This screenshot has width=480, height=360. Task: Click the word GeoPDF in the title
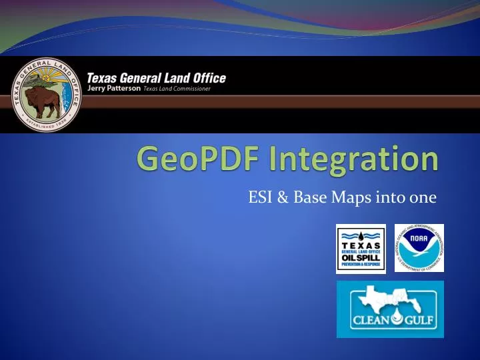188,161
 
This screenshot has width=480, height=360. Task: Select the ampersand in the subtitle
283,197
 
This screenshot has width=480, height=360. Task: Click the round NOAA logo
419,248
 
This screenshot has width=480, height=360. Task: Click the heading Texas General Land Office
157,78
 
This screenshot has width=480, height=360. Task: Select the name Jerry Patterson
113,89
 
